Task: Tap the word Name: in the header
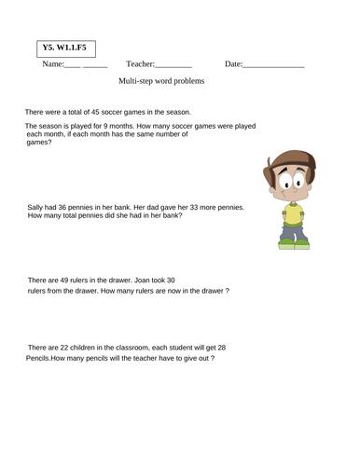tap(53, 63)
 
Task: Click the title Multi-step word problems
tap(161, 81)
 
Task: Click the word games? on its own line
tap(40, 143)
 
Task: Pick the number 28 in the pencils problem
tap(220, 348)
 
